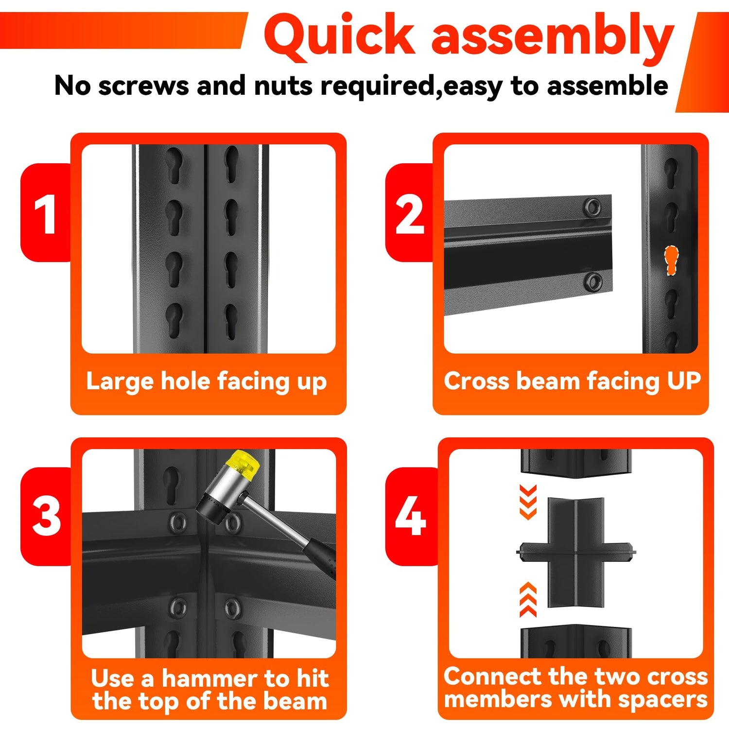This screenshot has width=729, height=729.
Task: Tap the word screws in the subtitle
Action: [x=144, y=86]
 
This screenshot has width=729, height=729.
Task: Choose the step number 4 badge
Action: [x=411, y=516]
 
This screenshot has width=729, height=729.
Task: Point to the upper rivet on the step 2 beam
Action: [x=592, y=207]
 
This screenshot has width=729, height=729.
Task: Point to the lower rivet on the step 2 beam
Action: [x=592, y=282]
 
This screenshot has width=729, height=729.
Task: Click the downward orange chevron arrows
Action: [x=528, y=502]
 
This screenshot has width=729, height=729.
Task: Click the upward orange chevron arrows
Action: [x=528, y=599]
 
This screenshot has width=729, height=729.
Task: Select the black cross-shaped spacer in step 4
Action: [x=576, y=553]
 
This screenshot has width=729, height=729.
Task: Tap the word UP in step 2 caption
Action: [x=684, y=381]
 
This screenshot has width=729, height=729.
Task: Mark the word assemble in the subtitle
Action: [x=607, y=86]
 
